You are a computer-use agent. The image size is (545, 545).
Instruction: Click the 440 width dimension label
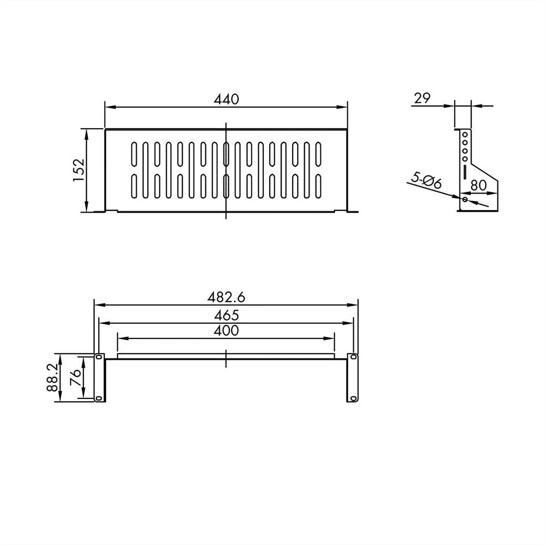point(226,99)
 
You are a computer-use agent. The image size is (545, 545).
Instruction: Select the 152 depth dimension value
point(78,169)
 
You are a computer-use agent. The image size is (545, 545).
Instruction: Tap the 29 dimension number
point(422,99)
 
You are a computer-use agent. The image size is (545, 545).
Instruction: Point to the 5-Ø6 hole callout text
point(426,180)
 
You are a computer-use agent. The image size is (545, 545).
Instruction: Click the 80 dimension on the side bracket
point(478,185)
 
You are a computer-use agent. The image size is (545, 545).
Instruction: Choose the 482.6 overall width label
point(226,298)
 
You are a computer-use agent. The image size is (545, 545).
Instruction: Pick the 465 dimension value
point(226,314)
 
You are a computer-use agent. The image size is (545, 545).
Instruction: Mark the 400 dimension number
point(226,330)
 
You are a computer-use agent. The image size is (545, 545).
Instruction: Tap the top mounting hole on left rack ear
point(99,358)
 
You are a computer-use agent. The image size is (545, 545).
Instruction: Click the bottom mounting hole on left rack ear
point(99,398)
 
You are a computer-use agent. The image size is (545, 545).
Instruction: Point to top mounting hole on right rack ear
point(353,358)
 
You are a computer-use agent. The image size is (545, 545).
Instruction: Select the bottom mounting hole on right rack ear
point(353,398)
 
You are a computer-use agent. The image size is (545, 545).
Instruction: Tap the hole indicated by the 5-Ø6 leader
point(464,199)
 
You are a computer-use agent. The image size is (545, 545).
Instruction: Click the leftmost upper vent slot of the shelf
point(134,154)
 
